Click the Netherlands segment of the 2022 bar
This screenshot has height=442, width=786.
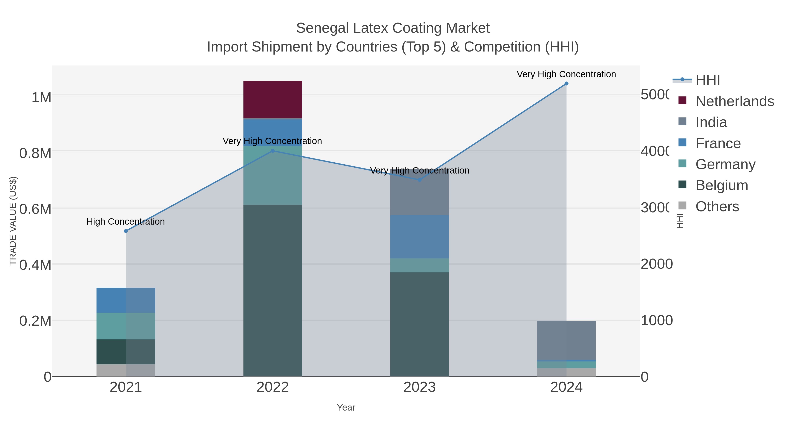pos(272,100)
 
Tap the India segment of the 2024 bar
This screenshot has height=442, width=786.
pos(566,340)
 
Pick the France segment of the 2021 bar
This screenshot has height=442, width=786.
pos(126,300)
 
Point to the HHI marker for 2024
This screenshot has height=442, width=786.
pos(566,84)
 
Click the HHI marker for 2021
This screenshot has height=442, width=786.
pos(126,231)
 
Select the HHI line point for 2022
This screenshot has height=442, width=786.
pos(273,151)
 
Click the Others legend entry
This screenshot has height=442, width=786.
pos(717,206)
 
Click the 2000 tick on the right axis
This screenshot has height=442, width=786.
pos(656,264)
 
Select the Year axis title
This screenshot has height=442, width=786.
pos(346,408)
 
